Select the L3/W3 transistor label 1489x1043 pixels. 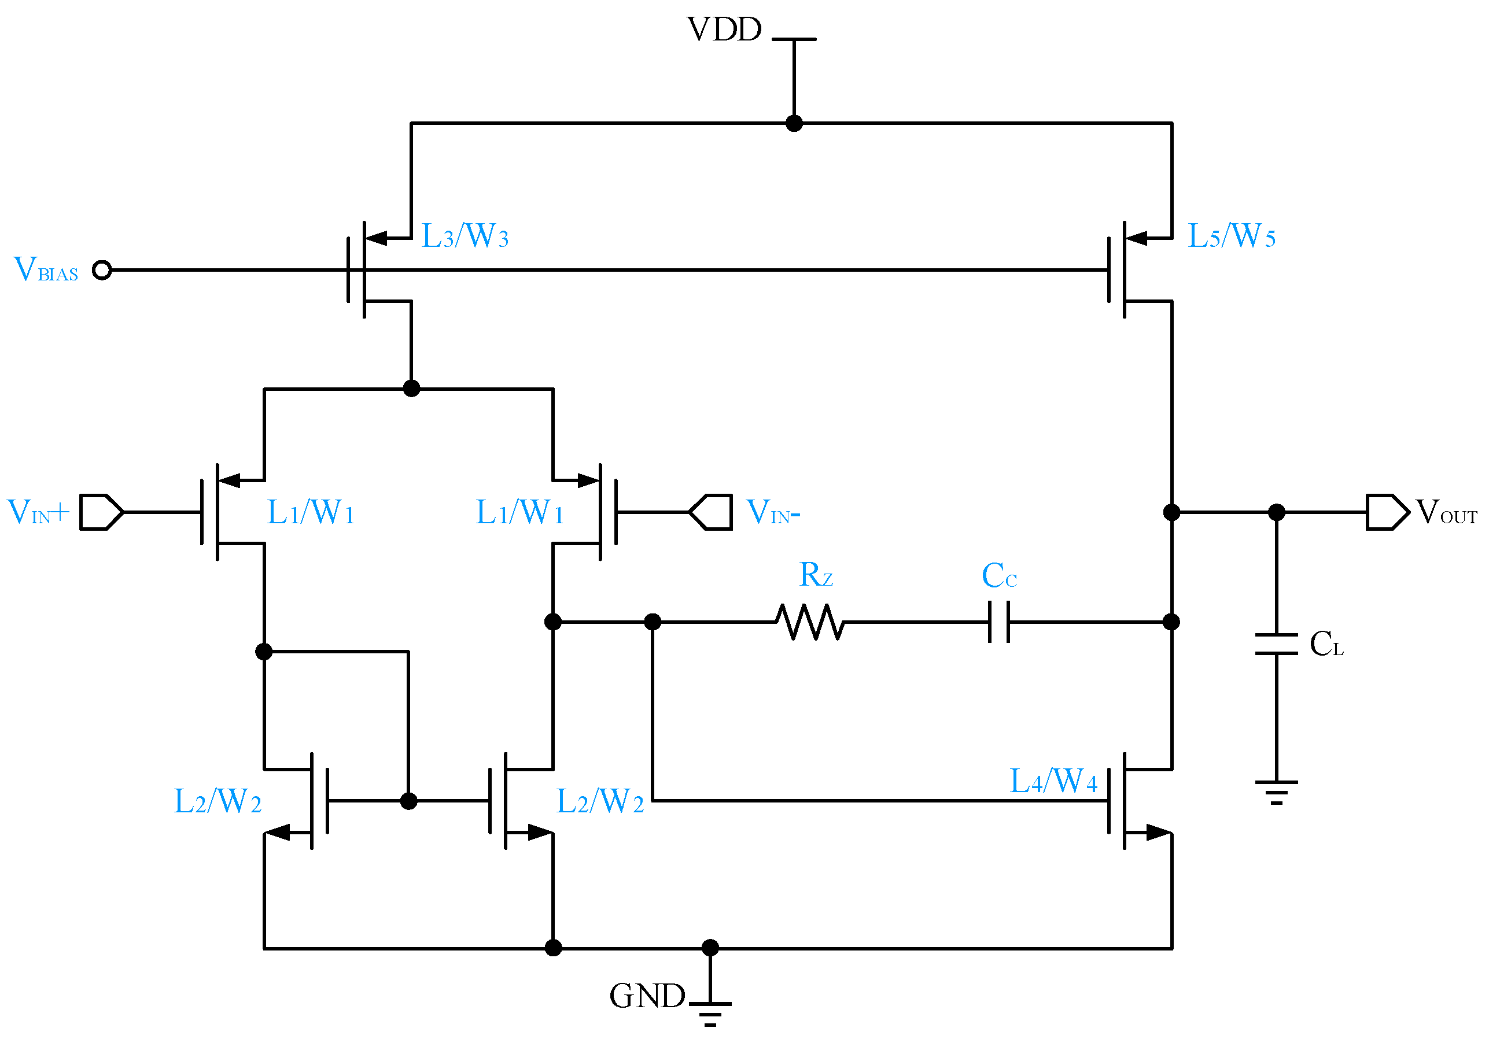pos(465,236)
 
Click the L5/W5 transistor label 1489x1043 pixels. pos(1230,236)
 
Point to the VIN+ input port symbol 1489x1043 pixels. pos(101,512)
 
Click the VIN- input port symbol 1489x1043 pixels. pos(711,512)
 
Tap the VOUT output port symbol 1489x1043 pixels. pos(1387,512)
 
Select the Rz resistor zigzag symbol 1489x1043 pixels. pos(810,622)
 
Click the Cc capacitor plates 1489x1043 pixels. pos(998,622)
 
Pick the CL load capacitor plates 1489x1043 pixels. pos(1276,643)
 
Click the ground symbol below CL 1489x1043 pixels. pos(1276,792)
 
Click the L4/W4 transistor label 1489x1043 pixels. pos(1053,781)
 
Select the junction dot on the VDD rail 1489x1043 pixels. pos(794,123)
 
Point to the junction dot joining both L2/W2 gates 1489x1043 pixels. pos(408,801)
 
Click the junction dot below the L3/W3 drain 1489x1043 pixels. pos(411,389)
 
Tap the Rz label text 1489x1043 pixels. pos(816,575)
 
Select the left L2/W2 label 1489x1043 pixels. pos(218,801)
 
